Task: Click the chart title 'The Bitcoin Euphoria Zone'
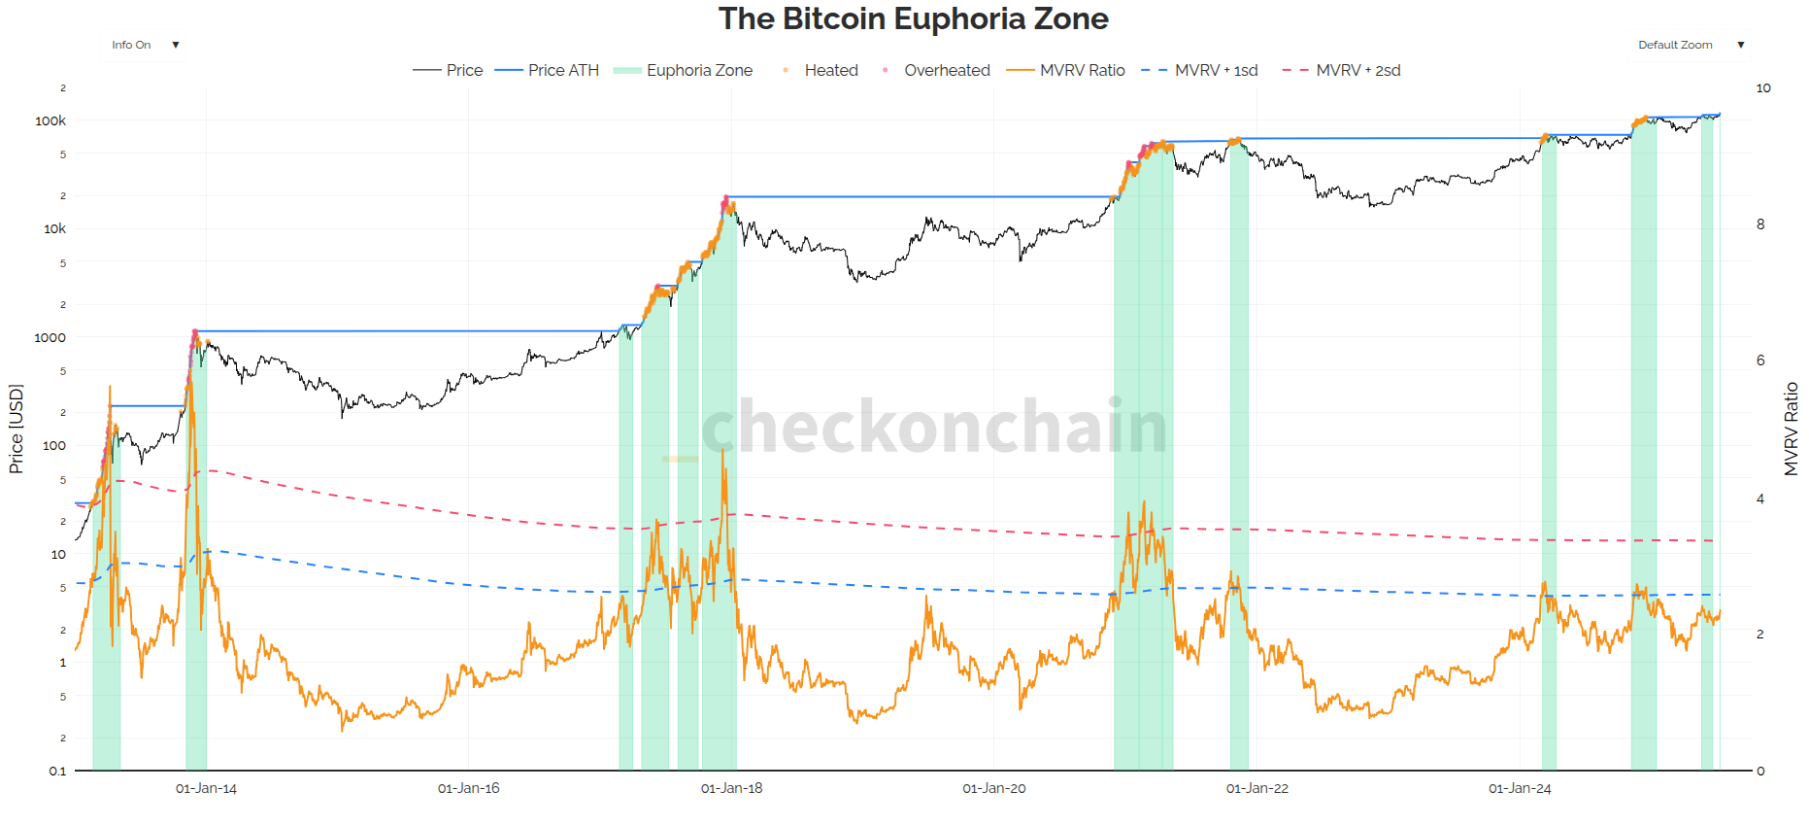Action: click(913, 18)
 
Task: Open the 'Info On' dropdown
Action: click(144, 45)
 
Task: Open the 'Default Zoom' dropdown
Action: click(1691, 45)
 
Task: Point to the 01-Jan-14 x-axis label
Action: click(206, 788)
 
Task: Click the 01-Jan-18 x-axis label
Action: click(731, 788)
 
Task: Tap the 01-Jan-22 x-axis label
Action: click(1256, 788)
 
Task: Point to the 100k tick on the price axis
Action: click(50, 120)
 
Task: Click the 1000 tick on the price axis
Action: click(50, 337)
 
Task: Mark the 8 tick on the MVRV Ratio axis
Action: click(1760, 224)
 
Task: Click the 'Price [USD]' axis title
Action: click(16, 429)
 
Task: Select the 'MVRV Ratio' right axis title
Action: click(1792, 429)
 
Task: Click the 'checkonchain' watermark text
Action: click(933, 426)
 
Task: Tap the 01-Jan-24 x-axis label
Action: click(1520, 788)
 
